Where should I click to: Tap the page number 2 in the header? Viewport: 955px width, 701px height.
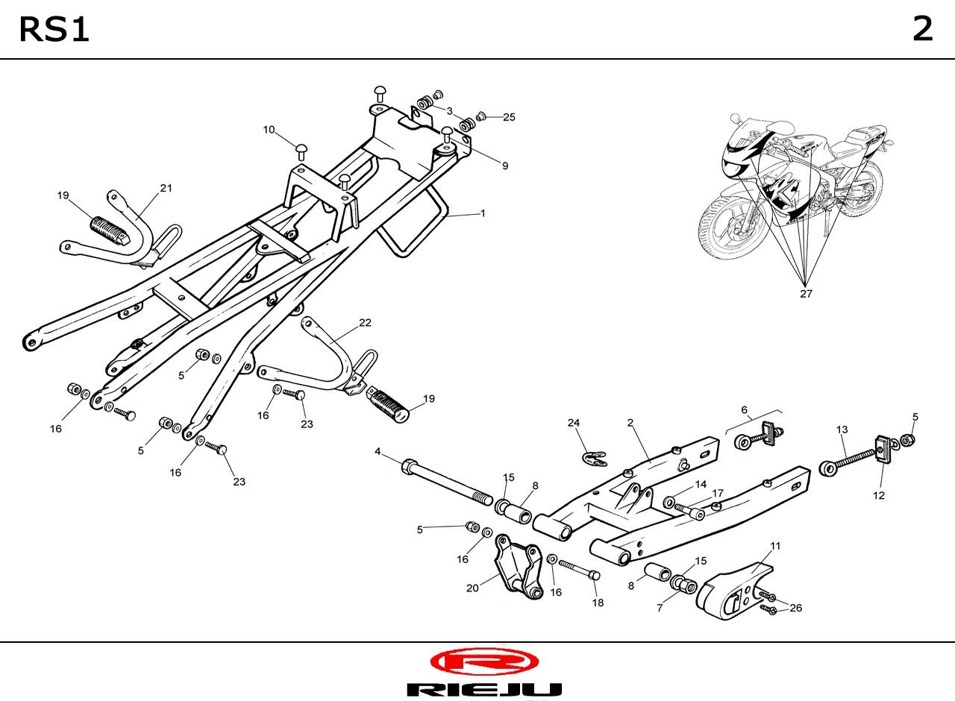[923, 29]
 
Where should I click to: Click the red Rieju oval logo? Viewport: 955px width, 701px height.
[484, 661]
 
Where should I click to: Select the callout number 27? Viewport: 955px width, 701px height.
[806, 294]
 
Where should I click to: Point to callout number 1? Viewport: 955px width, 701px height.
[483, 213]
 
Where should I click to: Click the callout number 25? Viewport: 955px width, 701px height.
[509, 117]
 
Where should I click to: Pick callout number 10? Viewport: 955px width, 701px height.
[269, 130]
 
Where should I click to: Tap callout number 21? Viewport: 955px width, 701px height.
[166, 188]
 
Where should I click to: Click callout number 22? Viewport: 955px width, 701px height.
[365, 323]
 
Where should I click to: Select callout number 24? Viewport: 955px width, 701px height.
[574, 422]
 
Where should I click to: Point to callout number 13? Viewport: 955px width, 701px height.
[842, 430]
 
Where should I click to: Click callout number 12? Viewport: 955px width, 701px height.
[879, 495]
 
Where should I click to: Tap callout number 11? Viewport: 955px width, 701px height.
[775, 545]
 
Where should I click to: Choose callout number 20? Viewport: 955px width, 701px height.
[472, 588]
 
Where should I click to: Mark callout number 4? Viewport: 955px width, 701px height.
[378, 451]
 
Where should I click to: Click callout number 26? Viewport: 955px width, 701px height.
[795, 608]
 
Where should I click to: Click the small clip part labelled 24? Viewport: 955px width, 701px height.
[594, 458]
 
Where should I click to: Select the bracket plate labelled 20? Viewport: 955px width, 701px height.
[519, 567]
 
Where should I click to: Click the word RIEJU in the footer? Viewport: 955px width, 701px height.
[484, 689]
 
